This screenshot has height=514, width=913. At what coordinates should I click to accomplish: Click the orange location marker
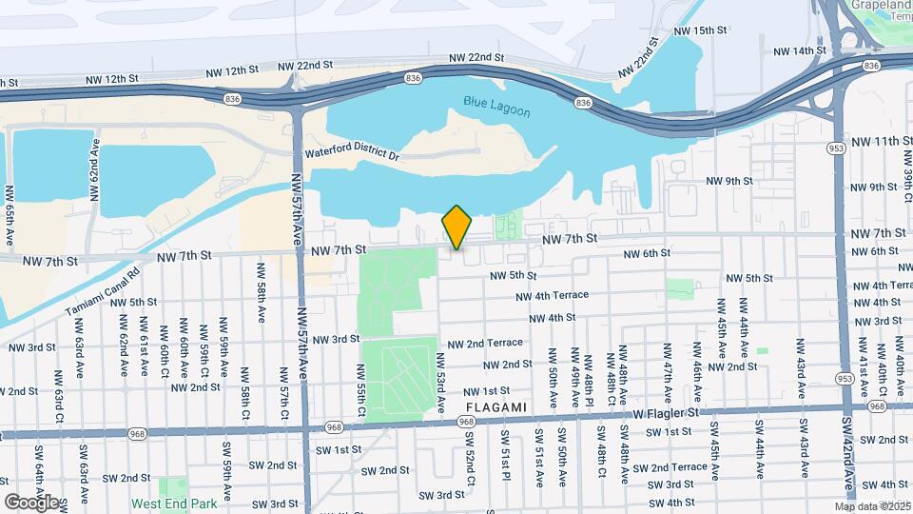click(456, 227)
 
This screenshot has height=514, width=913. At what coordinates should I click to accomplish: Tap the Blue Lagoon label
click(496, 106)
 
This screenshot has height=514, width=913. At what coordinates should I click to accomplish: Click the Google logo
click(30, 502)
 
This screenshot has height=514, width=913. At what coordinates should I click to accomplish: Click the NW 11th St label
click(881, 141)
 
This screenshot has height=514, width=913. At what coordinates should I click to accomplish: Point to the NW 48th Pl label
click(590, 375)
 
